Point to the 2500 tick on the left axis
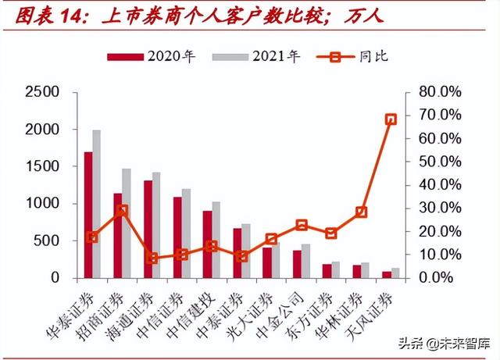(43, 92)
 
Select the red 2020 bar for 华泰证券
(88, 215)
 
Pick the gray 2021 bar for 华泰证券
(97, 204)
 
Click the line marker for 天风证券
(391, 119)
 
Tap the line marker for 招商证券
(122, 211)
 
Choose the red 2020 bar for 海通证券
(148, 229)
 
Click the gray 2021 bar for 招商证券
(127, 223)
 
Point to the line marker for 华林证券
(361, 212)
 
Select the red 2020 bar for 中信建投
(207, 244)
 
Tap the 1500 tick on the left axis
(43, 166)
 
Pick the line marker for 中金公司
(302, 225)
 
